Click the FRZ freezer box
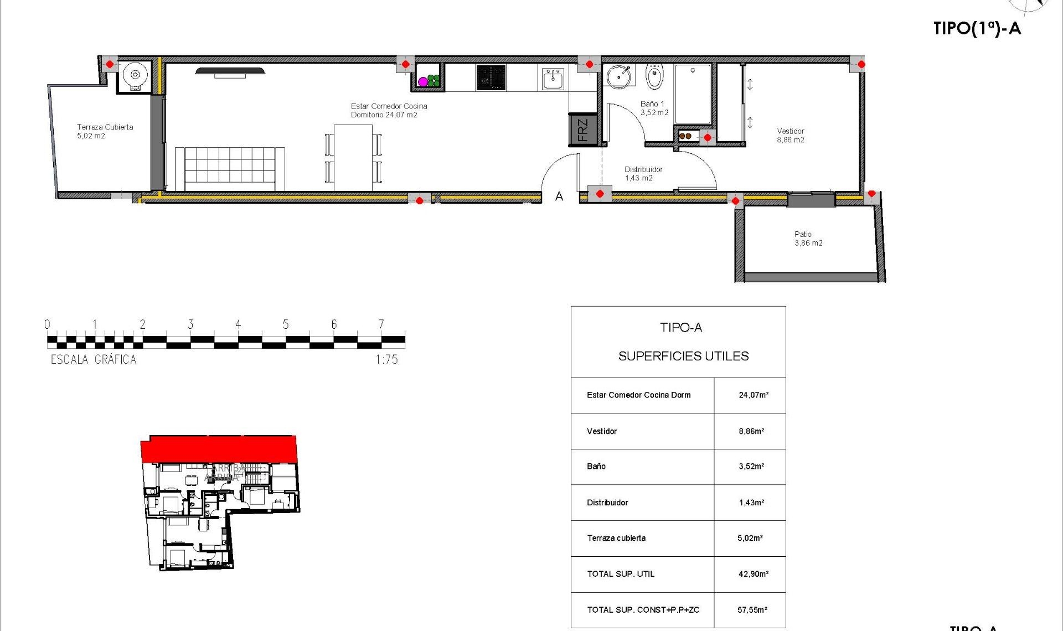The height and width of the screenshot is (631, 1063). click(583, 130)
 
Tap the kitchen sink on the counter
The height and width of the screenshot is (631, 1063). click(553, 79)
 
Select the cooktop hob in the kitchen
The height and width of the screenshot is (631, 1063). click(491, 77)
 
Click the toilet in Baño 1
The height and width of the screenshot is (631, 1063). click(654, 77)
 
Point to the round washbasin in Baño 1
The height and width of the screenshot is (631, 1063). click(618, 76)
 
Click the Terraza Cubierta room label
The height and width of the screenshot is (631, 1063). click(105, 131)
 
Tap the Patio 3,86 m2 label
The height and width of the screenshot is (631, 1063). click(808, 239)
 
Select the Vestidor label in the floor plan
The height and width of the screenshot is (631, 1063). click(791, 136)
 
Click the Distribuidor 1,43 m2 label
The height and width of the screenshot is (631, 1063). click(643, 174)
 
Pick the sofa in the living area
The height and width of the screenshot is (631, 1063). click(230, 168)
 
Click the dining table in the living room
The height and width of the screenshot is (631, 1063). click(353, 158)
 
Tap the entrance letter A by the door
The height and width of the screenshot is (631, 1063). click(559, 196)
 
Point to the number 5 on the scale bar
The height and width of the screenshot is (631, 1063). click(286, 324)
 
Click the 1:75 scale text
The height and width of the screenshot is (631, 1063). click(386, 360)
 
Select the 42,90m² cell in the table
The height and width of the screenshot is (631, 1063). click(753, 574)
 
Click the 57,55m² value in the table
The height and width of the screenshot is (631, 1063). click(752, 610)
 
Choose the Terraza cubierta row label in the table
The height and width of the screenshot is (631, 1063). click(616, 538)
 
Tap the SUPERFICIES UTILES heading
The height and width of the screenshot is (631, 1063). click(683, 356)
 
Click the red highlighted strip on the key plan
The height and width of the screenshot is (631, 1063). click(219, 448)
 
